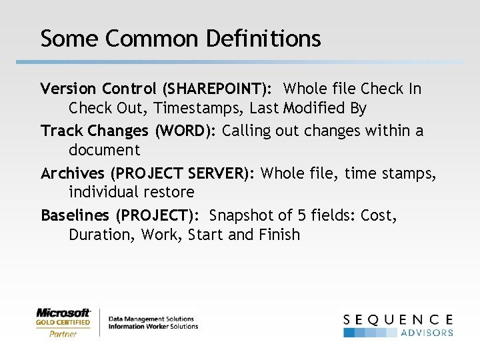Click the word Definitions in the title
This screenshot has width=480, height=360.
(x=263, y=38)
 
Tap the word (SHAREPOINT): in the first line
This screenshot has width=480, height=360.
(x=216, y=89)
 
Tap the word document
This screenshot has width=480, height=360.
(x=104, y=150)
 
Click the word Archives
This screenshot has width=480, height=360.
(x=73, y=173)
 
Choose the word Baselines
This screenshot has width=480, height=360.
(x=75, y=215)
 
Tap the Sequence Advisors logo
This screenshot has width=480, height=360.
(x=398, y=325)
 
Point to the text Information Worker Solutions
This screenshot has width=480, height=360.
(x=153, y=327)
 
